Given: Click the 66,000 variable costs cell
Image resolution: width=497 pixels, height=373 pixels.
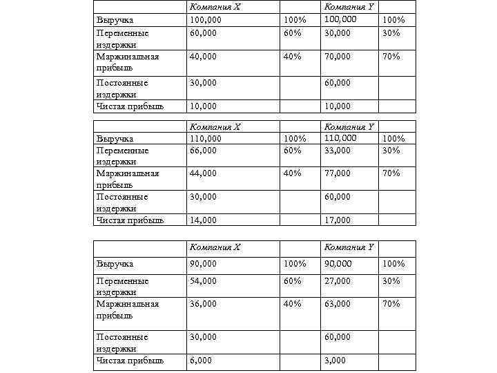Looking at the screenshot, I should coord(203,150).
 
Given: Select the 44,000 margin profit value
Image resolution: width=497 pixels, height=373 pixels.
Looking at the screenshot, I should coord(203,173).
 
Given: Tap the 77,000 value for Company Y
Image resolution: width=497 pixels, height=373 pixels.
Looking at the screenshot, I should coord(338,173).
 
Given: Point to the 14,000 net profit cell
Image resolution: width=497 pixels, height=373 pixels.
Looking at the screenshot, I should coord(203,220).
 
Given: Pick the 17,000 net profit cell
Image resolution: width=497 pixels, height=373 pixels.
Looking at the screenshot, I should coord(338,220).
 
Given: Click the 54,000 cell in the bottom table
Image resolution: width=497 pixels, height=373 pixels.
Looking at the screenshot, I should coord(203,281).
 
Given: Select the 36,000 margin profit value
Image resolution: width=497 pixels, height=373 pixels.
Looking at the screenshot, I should coord(203,304).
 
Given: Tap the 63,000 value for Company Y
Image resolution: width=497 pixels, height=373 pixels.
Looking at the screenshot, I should coord(338,304).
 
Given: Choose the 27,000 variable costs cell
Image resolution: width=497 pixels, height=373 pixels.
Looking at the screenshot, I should coord(338,281).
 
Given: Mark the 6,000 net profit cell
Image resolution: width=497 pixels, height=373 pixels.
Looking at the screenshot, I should coord(201,361).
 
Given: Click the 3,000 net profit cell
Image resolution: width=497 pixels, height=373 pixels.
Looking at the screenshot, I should coord(336,361).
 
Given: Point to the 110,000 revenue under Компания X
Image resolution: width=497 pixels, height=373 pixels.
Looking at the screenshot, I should coord(205,138).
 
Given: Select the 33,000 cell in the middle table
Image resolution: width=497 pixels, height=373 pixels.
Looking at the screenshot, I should coord(338,150).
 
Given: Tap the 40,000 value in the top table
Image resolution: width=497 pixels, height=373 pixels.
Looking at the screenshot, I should coord(203,57).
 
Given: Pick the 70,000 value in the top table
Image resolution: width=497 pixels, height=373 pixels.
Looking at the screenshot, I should coord(338,57).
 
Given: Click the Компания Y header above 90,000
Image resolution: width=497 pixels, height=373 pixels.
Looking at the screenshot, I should coord(349,247).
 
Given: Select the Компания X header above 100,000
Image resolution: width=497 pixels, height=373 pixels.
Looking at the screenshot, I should coord(215,7).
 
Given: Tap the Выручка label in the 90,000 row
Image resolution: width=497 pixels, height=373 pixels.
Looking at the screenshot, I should coord(115,264).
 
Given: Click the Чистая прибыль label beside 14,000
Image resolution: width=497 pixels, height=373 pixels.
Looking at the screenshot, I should coord(130,220).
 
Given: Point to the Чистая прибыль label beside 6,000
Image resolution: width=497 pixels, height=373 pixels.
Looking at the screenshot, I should coord(130,361).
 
